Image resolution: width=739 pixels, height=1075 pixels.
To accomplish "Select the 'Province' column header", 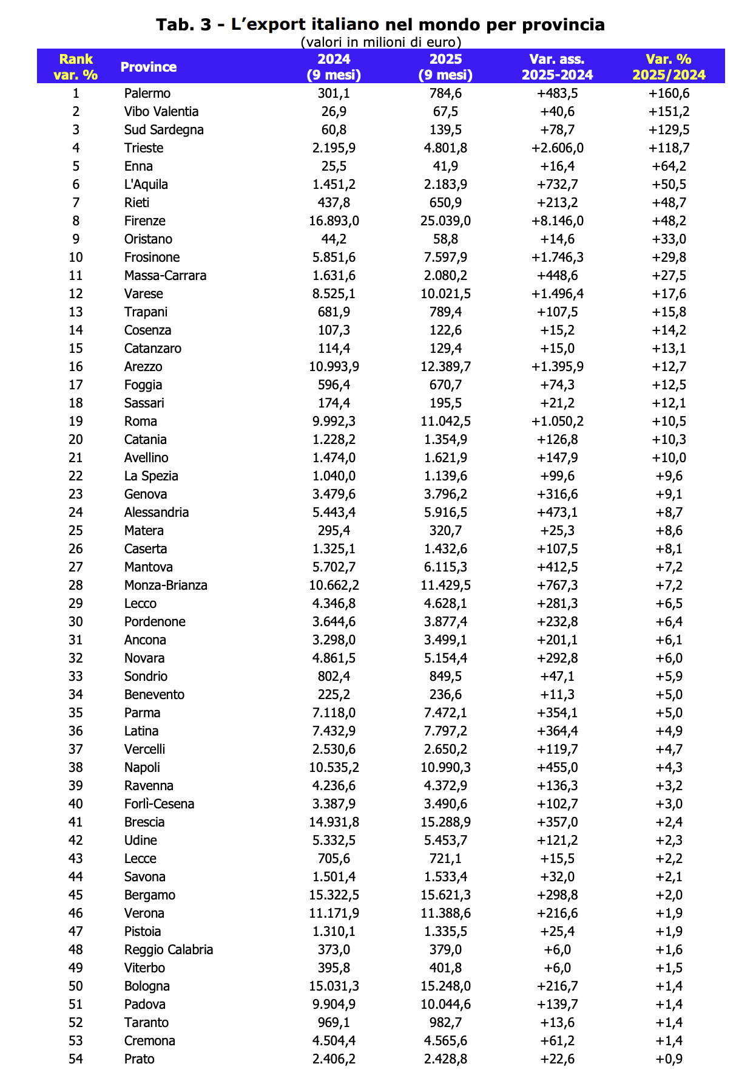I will click(149, 67).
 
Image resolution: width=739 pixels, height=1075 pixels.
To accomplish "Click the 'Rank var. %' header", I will click(76, 67).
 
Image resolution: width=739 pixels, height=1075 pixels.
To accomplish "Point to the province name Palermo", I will click(147, 94).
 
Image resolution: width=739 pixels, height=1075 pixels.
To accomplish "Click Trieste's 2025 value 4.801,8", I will click(445, 148).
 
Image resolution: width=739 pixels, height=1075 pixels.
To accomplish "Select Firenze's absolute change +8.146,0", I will click(557, 221).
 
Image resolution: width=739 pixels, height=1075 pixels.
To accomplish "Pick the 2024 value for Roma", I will click(334, 421).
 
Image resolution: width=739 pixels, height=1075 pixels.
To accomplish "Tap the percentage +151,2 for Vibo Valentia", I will click(669, 112).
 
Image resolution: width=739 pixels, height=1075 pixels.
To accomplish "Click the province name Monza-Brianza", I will click(166, 585).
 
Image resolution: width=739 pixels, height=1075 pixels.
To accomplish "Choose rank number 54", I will click(76, 1059).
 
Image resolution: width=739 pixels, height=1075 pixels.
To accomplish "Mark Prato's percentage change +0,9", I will click(669, 1059).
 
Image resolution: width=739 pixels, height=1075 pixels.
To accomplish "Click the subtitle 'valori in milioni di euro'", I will click(380, 42).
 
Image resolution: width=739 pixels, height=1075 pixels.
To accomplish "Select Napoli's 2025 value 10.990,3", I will click(445, 768).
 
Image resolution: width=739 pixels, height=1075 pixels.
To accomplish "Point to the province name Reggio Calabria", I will click(169, 950).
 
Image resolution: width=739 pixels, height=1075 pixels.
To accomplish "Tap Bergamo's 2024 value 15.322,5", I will click(334, 895).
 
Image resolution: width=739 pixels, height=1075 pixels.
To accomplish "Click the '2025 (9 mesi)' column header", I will click(445, 67).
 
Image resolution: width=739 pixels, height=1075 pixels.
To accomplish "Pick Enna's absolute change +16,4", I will click(557, 166).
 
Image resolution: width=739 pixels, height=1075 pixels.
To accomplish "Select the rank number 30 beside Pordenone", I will click(76, 622).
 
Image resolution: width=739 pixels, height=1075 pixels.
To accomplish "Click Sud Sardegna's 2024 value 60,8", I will click(334, 130).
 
